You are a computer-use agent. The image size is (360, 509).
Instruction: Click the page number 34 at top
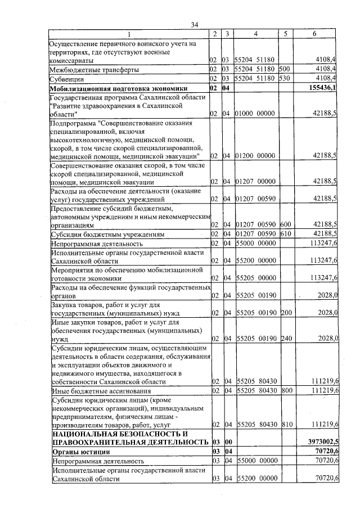(195, 25)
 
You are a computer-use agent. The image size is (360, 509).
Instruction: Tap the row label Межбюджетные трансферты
(94, 69)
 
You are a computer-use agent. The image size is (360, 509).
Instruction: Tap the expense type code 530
(284, 79)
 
